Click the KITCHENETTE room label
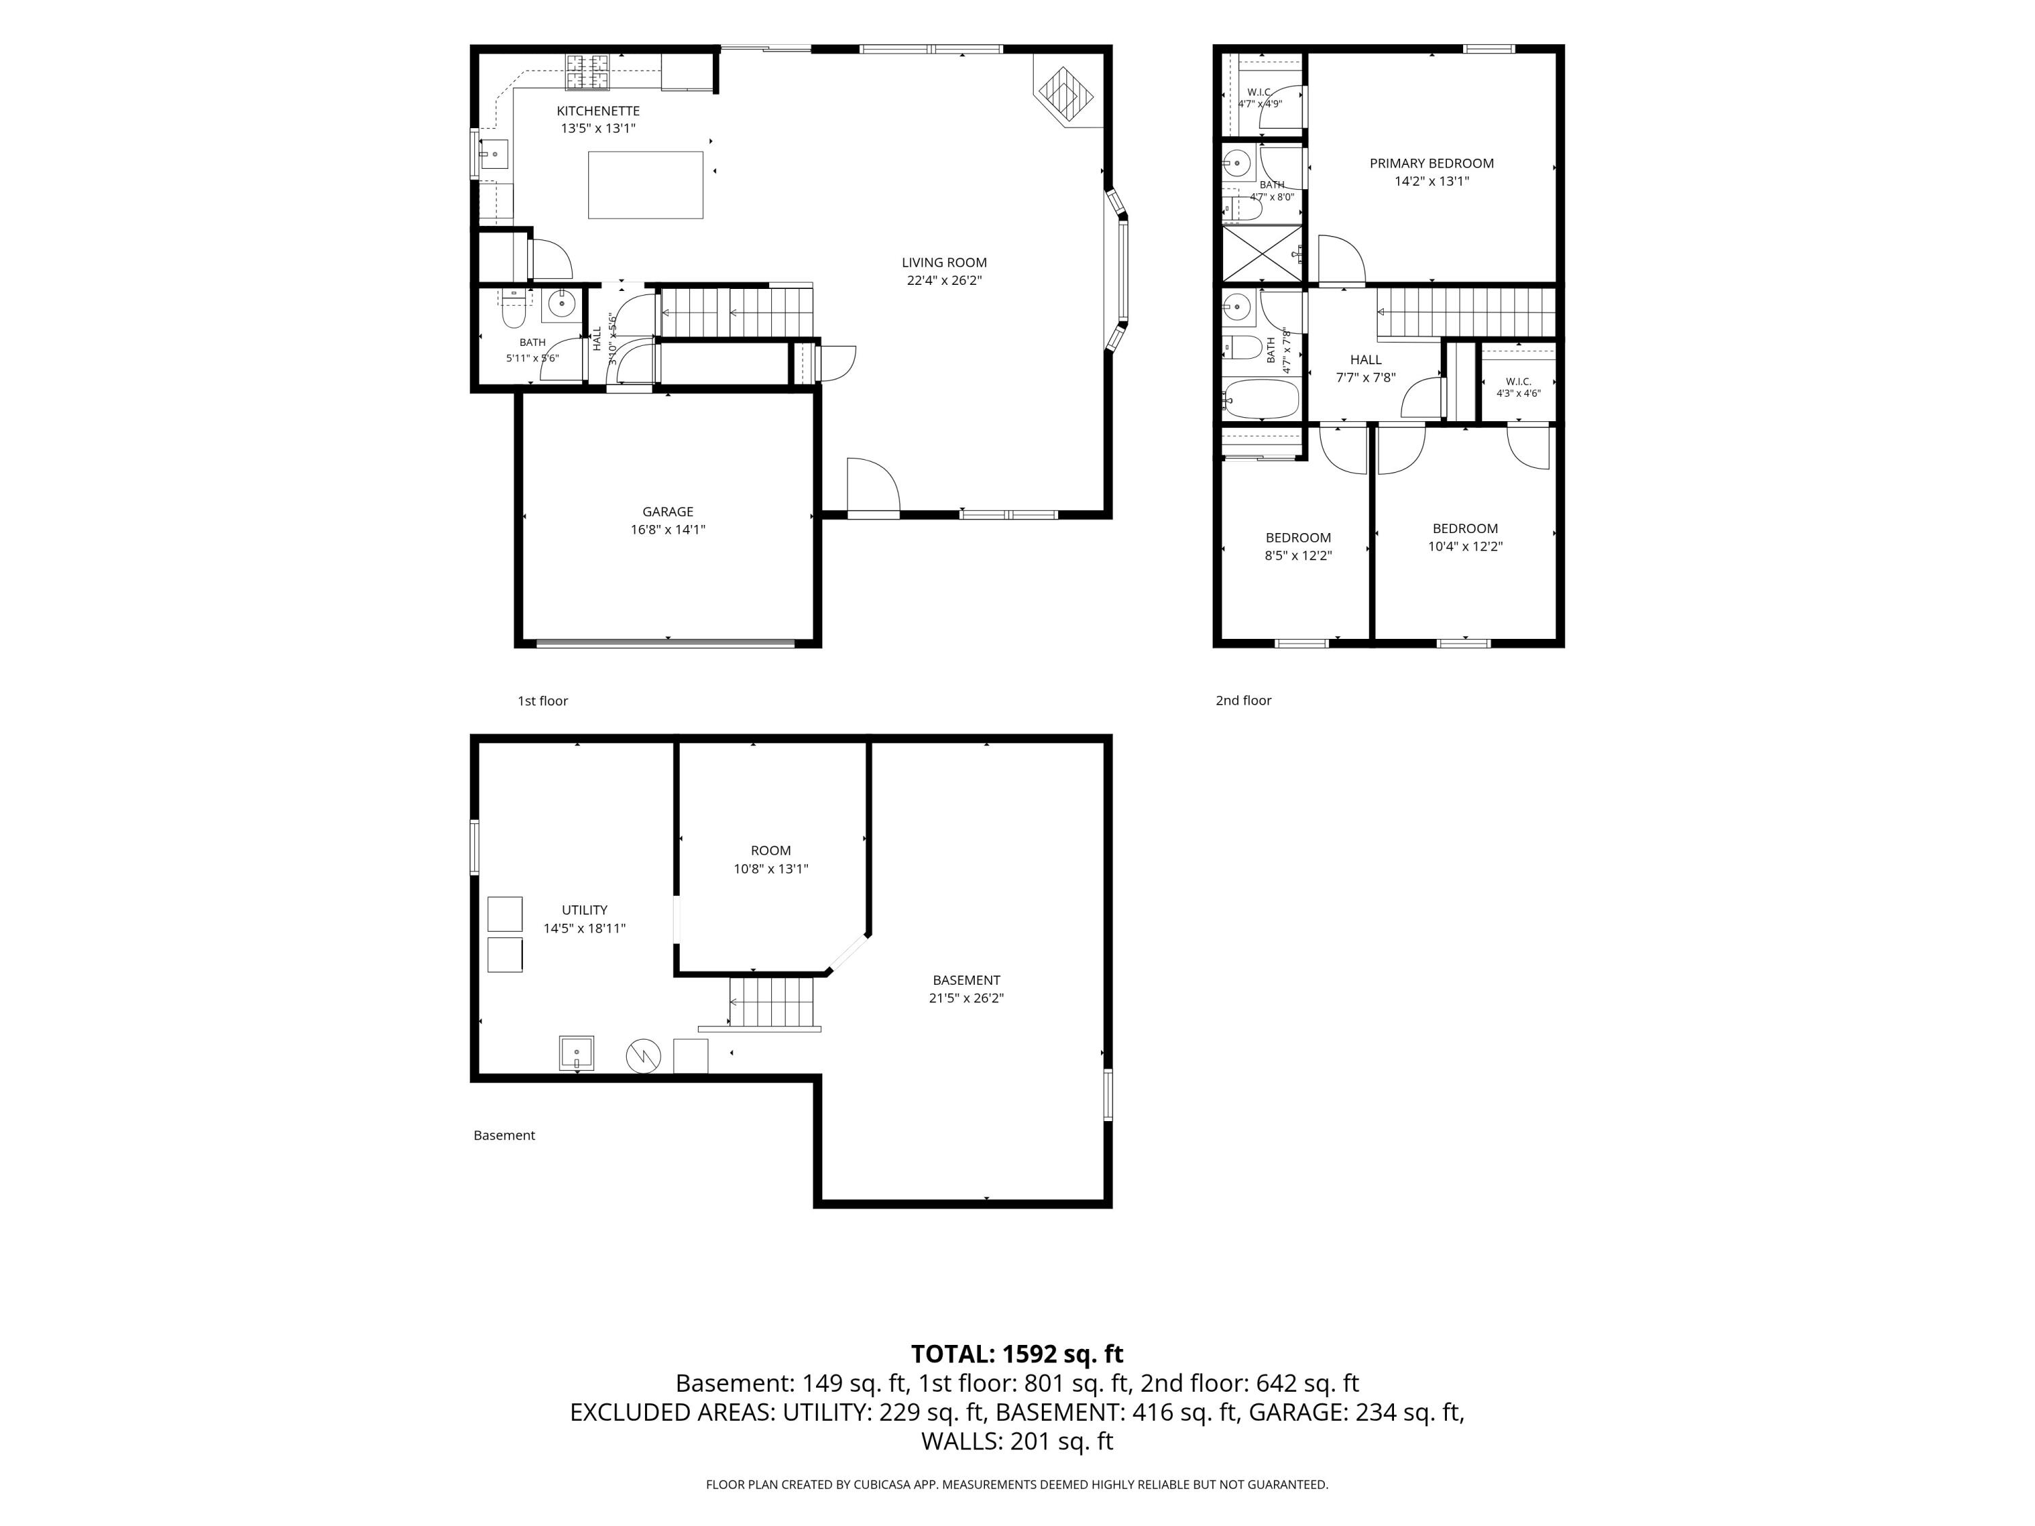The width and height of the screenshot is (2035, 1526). pos(598,111)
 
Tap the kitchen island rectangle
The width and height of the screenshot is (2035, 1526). pos(645,185)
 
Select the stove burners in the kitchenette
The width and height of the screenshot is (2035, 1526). pos(587,73)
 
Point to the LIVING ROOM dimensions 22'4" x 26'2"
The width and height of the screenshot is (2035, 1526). pos(944,281)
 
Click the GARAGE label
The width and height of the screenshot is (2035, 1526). pos(668,511)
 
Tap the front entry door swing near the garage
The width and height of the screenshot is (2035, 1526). pos(872,485)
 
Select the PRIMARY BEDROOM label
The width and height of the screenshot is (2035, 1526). pos(1431,163)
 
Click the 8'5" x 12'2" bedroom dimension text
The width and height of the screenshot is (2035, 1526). pos(1298,555)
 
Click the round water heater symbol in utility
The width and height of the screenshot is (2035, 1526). pos(643,1056)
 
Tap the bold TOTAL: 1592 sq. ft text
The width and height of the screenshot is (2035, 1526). pos(1017,1354)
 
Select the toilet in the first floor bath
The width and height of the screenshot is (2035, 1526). pos(513,311)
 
